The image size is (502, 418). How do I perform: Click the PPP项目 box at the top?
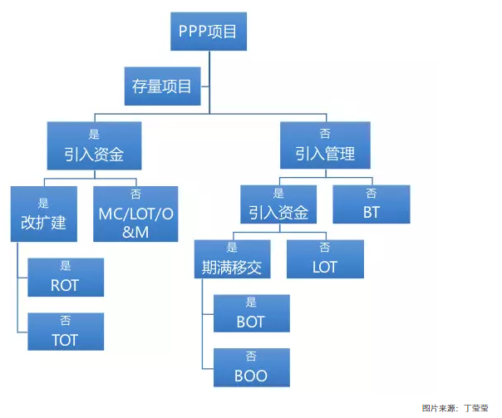coord(208,32)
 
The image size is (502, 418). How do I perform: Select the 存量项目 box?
coord(162,86)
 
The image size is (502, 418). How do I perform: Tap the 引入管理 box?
coord(324,145)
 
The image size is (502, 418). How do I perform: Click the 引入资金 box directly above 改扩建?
coord(92,145)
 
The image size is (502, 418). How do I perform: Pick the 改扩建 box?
coord(43,214)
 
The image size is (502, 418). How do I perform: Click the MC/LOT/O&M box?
coord(135,214)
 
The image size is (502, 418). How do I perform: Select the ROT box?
coord(66,278)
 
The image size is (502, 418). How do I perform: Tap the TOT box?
coord(66,332)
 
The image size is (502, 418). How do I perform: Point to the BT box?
coord(371,204)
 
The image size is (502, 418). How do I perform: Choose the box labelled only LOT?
coord(325,259)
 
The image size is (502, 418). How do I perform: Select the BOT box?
coord(251,313)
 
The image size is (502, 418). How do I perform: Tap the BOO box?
coord(251,367)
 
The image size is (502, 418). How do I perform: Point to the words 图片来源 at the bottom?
coord(439,408)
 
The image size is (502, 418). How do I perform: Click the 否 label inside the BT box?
coord(371,194)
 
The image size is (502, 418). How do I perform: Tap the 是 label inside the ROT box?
coord(66,267)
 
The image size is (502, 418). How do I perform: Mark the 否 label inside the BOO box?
coord(251,357)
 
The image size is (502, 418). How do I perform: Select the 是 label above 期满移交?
coord(232,248)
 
